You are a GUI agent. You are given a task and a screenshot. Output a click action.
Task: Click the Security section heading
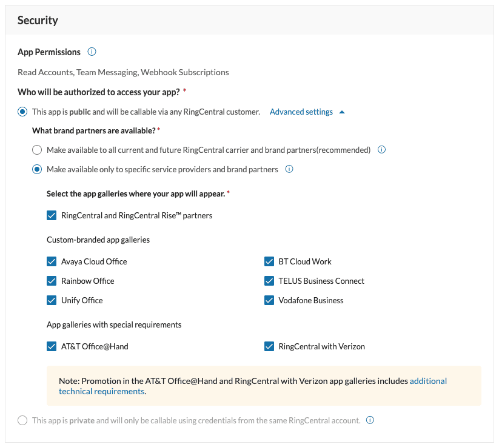pos(38,21)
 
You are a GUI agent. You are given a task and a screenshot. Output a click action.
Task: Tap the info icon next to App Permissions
pos(92,52)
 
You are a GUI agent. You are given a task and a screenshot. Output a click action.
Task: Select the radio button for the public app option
pos(22,112)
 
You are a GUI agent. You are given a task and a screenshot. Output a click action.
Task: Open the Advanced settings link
pos(301,112)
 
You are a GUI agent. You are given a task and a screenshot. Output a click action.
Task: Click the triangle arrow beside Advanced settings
pos(342,112)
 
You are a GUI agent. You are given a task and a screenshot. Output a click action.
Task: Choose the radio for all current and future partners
pos(37,150)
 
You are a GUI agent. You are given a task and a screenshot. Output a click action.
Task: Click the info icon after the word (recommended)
pos(382,150)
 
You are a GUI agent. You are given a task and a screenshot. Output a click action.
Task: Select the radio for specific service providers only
pos(37,170)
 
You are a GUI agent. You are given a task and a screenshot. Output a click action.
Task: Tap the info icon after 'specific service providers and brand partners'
pos(289,170)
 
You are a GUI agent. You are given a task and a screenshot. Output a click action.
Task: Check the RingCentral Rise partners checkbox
pos(52,215)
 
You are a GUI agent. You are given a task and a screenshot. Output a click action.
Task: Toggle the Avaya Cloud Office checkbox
pos(52,262)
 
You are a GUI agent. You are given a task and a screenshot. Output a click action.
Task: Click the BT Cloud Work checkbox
pos(269,262)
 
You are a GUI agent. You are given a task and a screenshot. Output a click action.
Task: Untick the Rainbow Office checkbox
pos(52,281)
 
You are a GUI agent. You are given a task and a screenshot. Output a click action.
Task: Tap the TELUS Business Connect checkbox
pos(269,281)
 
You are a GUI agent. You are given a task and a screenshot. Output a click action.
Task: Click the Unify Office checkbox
pos(52,301)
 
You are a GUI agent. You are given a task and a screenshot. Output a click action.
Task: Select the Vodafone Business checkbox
pos(269,301)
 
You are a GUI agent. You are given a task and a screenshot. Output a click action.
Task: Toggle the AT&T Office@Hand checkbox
pos(52,347)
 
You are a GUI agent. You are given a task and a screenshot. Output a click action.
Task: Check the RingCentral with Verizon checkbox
pos(269,347)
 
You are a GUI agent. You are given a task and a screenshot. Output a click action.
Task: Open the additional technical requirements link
pos(428,381)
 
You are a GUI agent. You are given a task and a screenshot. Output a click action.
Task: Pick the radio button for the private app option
pos(22,420)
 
